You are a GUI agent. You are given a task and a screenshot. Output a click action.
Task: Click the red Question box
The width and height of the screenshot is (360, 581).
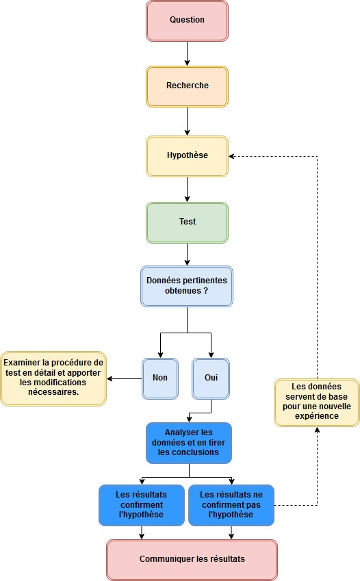187,20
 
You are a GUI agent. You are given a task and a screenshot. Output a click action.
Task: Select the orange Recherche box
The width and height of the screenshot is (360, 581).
187,86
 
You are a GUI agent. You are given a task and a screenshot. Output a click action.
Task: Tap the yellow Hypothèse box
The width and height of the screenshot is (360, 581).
187,156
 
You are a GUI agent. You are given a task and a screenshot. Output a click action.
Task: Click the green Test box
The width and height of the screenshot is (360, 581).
187,222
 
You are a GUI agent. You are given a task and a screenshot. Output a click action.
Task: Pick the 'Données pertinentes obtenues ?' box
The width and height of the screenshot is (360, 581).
187,286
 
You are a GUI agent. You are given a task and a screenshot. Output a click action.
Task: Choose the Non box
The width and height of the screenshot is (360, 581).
160,378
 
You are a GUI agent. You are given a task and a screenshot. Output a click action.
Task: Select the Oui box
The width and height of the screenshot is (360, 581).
210,378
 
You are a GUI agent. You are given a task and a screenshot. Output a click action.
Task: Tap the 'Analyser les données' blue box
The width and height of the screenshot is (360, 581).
188,443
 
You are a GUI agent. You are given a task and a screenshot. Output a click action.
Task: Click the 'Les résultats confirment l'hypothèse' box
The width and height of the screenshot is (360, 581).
142,505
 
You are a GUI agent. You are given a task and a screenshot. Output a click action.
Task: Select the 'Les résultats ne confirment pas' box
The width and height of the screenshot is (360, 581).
231,505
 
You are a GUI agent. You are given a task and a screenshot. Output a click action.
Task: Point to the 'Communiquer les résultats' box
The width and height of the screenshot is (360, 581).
192,559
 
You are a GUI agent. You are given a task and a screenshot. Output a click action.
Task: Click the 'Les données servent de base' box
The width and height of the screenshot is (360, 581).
317,403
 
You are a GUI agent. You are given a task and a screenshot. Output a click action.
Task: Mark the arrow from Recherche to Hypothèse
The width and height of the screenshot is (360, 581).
187,121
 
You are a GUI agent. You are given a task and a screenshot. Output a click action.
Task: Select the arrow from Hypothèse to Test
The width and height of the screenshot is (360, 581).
187,189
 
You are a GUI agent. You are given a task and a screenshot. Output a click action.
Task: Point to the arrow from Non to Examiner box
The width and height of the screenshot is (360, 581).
125,378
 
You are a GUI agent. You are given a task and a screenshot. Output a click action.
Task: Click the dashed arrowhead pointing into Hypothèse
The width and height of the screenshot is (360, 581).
233,156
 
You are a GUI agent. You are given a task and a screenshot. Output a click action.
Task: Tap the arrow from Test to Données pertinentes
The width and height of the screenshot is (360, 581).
187,254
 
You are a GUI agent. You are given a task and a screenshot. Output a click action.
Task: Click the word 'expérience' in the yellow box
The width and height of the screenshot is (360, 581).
317,415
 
